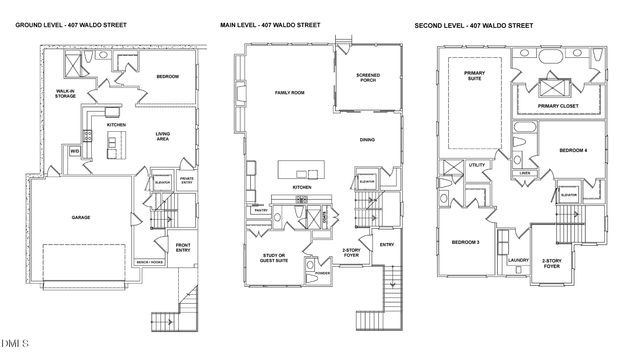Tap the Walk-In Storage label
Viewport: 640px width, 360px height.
pyautogui.click(x=67, y=95)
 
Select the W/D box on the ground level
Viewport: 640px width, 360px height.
pyautogui.click(x=75, y=151)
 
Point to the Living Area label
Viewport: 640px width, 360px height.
pyautogui.click(x=167, y=138)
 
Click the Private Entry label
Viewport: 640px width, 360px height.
pyautogui.click(x=187, y=181)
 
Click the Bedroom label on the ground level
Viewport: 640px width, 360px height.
pyautogui.click(x=168, y=76)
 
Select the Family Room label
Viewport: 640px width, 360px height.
pyautogui.click(x=290, y=93)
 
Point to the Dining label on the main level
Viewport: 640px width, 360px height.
pyautogui.click(x=367, y=140)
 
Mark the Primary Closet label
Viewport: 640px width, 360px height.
pyautogui.click(x=557, y=106)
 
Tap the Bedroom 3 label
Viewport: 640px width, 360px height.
pyautogui.click(x=464, y=242)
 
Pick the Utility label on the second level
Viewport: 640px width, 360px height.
pyautogui.click(x=477, y=165)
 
